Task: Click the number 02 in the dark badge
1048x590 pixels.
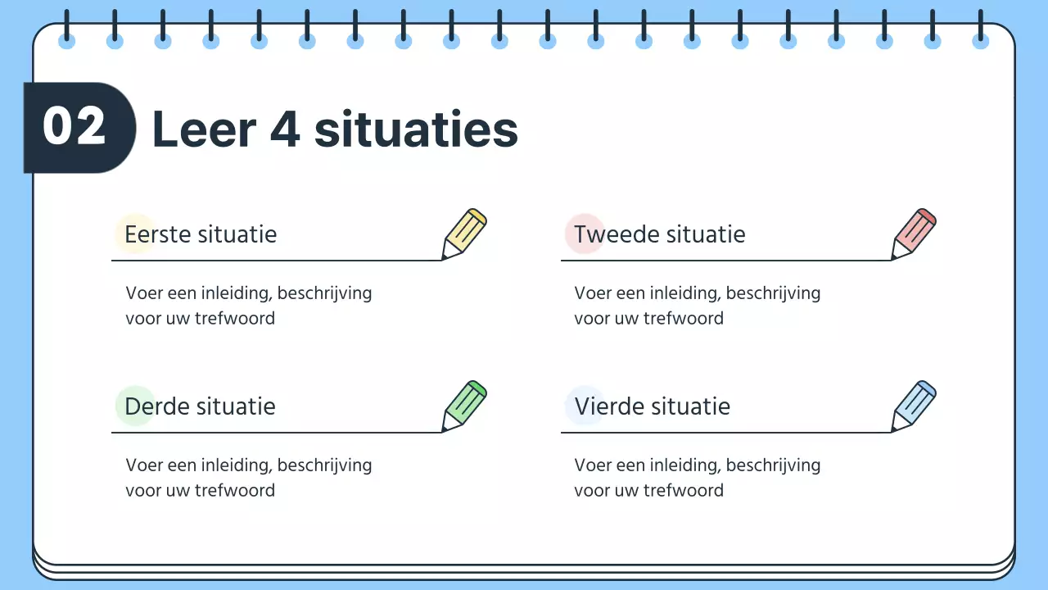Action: tap(75, 128)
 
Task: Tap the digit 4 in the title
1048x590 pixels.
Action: tap(285, 129)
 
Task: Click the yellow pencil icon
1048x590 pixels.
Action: tap(464, 234)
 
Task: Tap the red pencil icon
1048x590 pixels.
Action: tap(914, 234)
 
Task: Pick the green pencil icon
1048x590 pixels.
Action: tap(464, 406)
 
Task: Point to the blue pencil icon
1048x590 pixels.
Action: tap(914, 406)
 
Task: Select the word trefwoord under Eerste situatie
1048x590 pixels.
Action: tap(234, 318)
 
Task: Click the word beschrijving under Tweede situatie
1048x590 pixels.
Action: tap(773, 293)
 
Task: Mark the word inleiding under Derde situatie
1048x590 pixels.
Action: tap(235, 465)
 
